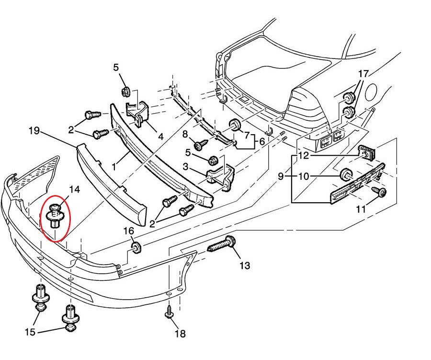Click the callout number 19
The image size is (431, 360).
[x=34, y=130]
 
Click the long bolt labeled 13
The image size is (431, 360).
[x=221, y=247]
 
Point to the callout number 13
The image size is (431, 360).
[x=245, y=265]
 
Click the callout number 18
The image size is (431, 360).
[x=180, y=334]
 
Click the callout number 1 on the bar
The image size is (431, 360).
[x=113, y=166]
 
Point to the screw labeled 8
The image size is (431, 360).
[x=200, y=143]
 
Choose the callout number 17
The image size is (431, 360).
[x=363, y=74]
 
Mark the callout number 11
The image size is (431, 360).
[x=361, y=209]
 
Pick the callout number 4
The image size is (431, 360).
[x=161, y=137]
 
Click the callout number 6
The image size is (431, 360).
[x=262, y=142]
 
